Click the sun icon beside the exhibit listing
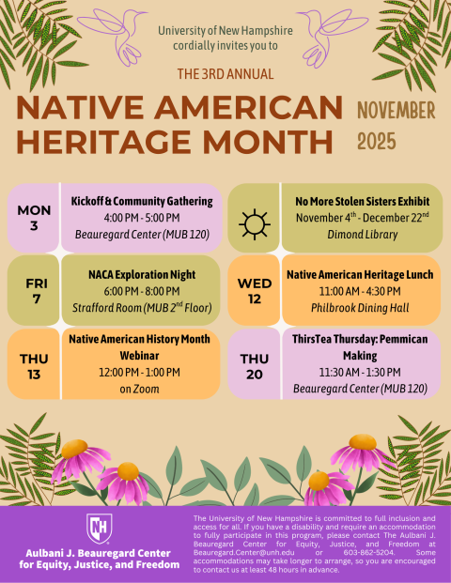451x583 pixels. (x=255, y=223)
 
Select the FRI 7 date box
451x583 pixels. (x=35, y=290)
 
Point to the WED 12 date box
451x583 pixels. (x=255, y=290)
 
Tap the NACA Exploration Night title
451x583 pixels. (x=143, y=274)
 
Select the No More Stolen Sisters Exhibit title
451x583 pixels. (x=363, y=201)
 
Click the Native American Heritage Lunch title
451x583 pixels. (x=362, y=274)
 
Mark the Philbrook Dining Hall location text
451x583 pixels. (x=362, y=308)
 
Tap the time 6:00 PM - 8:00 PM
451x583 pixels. (x=143, y=291)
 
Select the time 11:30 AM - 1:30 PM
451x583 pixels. (x=362, y=372)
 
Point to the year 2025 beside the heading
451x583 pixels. (x=377, y=142)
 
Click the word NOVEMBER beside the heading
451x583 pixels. (x=396, y=111)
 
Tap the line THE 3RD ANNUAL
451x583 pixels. (x=225, y=74)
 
